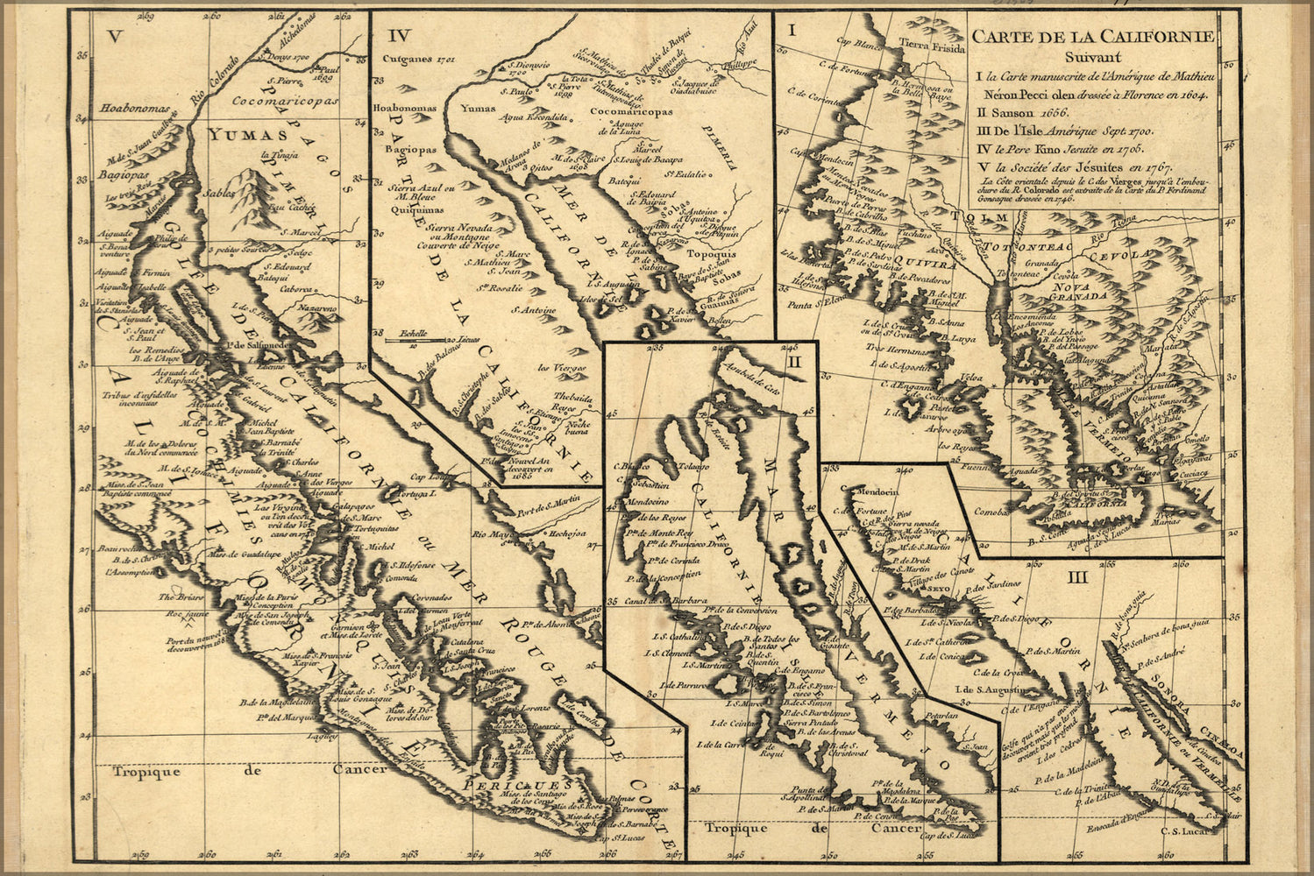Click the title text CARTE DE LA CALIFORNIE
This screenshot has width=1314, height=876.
coord(1093,37)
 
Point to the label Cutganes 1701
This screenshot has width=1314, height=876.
coord(416,60)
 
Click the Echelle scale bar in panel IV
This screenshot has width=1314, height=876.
coord(424,338)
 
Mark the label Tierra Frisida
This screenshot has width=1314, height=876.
coord(925,46)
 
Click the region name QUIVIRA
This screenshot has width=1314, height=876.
coord(930,262)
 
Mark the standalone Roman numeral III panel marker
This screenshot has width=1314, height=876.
coord(1077,576)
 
